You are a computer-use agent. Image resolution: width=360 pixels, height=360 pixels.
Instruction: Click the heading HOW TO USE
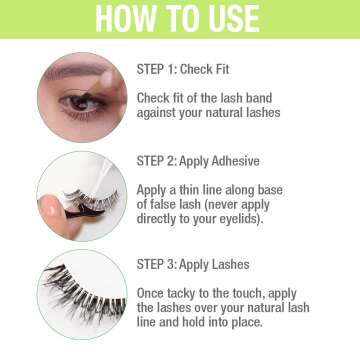(x=180, y=19)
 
